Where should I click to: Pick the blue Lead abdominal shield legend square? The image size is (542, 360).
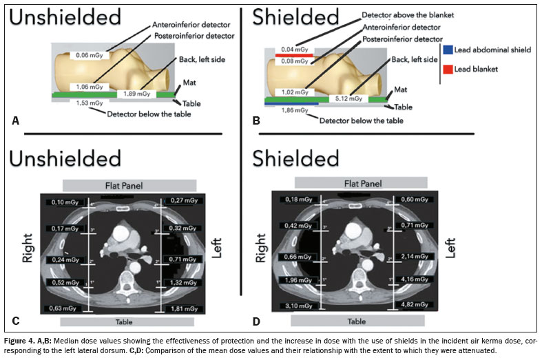click(x=447, y=50)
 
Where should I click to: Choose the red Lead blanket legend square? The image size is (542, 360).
click(x=447, y=69)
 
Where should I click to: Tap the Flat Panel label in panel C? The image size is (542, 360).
click(x=129, y=184)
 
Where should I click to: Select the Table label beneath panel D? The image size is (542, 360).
click(x=356, y=321)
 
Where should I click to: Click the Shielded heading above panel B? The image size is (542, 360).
click(x=293, y=18)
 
